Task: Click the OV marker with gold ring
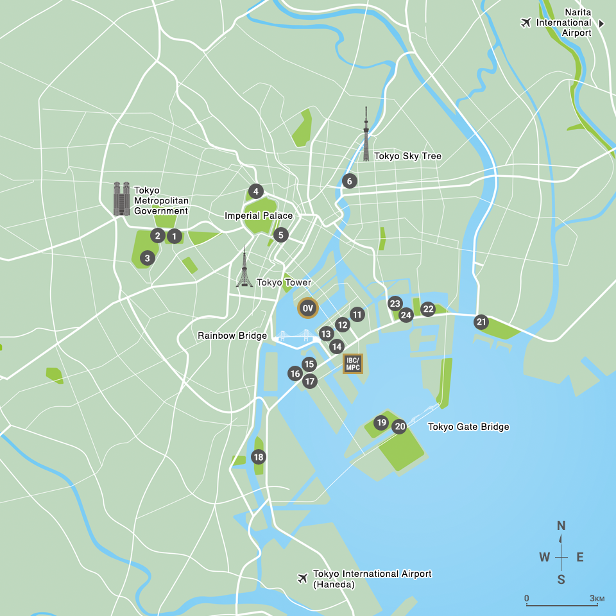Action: [x=307, y=309]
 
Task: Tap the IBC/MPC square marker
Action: [x=353, y=364]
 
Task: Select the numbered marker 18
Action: [x=258, y=457]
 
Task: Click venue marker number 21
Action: [x=481, y=322]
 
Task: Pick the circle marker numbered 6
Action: [x=349, y=181]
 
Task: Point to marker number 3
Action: [x=147, y=258]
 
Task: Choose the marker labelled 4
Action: [x=255, y=191]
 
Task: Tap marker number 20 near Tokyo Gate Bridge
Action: [x=400, y=426]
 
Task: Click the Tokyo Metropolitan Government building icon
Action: [x=121, y=198]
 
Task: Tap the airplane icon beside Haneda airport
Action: [x=303, y=578]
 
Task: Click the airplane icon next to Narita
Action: [x=526, y=23]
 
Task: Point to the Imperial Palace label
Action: [x=259, y=216]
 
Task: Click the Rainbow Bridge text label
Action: [x=232, y=336]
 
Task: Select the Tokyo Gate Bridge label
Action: [x=468, y=427]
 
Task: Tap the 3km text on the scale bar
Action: [x=597, y=599]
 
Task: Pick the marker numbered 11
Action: [x=357, y=314]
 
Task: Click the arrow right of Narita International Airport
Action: [x=602, y=23]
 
